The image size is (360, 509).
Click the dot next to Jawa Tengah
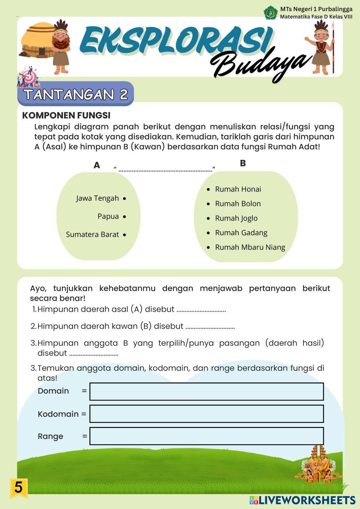click(124, 198)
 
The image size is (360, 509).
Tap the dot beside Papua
click(124, 217)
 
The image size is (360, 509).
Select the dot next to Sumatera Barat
click(124, 235)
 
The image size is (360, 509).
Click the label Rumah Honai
click(238, 189)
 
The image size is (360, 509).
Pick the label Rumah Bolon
click(238, 204)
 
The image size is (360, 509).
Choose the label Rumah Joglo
click(236, 218)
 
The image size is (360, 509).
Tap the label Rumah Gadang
click(241, 233)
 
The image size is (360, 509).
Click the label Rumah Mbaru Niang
click(250, 247)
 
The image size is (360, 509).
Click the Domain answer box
click(206, 392)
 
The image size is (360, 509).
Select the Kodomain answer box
click(206, 414)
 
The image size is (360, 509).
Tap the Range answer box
click(206, 436)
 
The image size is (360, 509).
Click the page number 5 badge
click(18, 488)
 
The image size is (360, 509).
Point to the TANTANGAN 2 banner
click(76, 94)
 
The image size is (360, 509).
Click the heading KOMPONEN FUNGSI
click(66, 116)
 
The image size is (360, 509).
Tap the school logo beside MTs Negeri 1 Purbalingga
click(271, 13)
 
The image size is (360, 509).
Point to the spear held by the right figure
click(333, 47)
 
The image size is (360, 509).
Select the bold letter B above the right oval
click(243, 163)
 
